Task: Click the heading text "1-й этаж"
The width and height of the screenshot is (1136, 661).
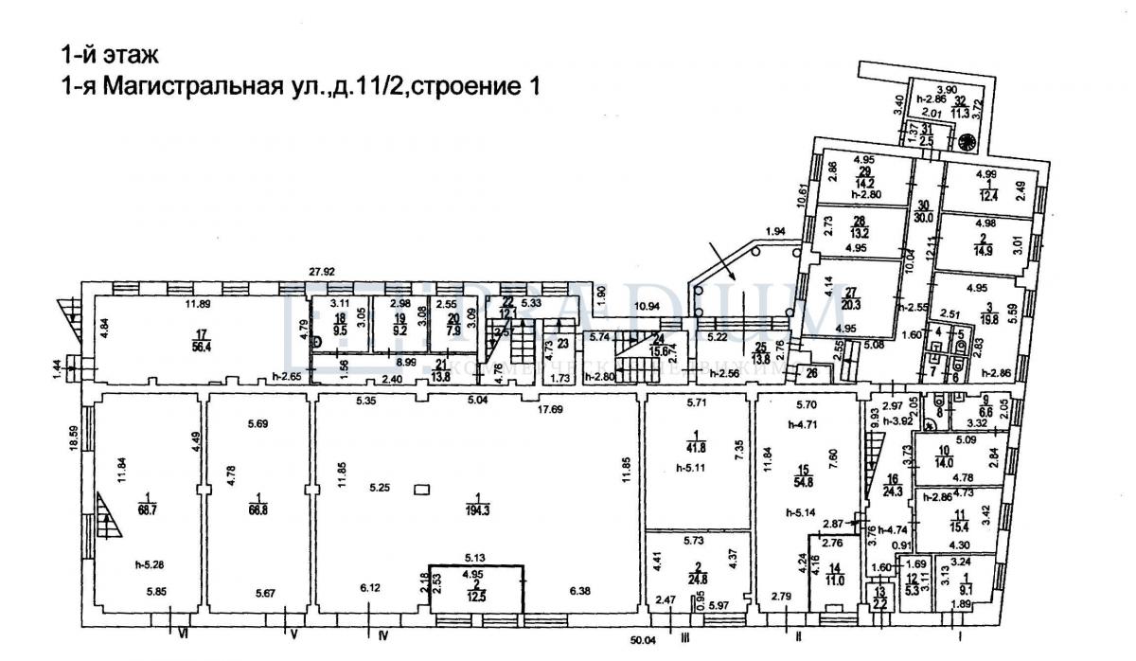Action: point(103,52)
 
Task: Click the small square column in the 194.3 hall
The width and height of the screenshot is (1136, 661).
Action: point(420,490)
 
